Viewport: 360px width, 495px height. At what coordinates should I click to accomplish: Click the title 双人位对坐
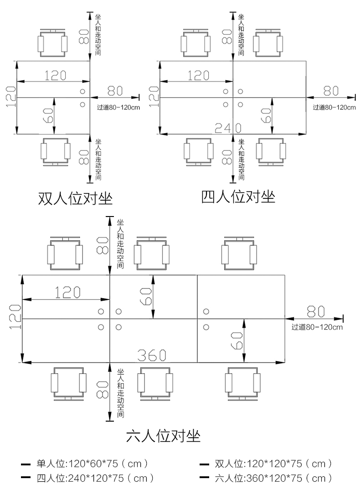(75, 199)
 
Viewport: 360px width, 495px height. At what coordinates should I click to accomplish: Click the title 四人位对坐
(238, 197)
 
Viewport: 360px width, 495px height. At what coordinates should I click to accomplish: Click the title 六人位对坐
(163, 436)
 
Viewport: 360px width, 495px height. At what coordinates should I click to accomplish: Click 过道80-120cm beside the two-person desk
(118, 108)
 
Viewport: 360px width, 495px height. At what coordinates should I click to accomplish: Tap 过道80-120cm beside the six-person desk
(317, 327)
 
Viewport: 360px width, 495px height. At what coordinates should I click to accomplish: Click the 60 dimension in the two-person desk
(49, 116)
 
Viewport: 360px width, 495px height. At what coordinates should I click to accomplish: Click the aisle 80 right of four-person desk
(331, 90)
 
